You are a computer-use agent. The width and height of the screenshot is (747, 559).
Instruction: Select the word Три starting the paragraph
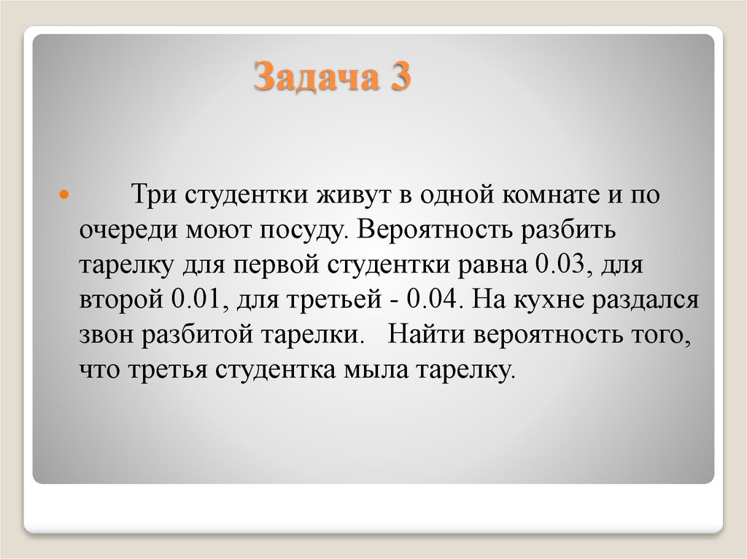click(x=151, y=196)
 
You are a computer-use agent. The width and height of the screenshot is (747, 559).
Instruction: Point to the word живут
click(x=352, y=196)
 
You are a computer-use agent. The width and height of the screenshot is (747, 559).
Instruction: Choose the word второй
click(x=122, y=300)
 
